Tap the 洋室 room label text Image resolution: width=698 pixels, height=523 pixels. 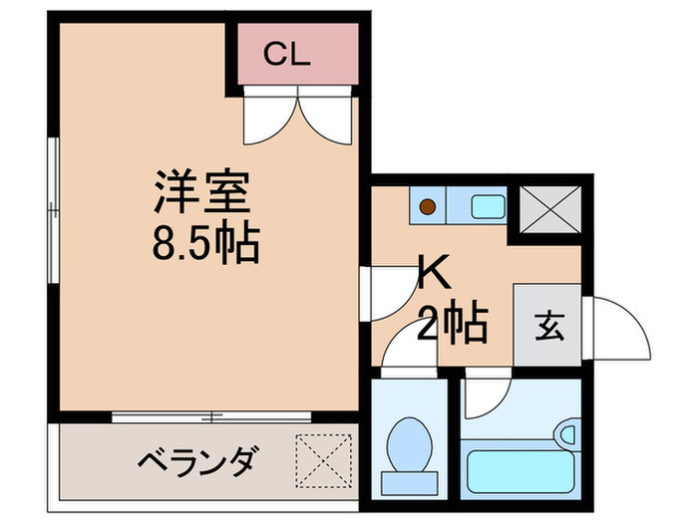[x=199, y=192]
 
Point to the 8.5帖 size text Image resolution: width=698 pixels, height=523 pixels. [x=207, y=243]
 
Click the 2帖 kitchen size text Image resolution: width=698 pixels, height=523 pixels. [x=454, y=321]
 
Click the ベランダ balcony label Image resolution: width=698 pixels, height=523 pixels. [x=198, y=462]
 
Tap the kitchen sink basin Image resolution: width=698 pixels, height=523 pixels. [x=487, y=207]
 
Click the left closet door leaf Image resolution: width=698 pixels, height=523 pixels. [x=266, y=116]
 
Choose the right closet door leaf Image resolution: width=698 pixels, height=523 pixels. [x=328, y=116]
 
